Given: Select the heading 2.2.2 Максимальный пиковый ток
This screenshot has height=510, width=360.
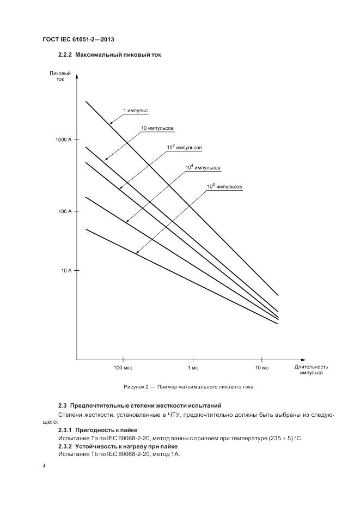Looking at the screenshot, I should pos(109,55).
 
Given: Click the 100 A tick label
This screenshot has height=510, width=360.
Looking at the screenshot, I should pos(65,211).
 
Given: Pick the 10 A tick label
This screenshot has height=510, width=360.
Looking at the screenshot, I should pos(66,270).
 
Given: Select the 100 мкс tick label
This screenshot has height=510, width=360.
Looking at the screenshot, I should pos(123,368).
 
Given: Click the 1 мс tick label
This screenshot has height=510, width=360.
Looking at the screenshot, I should pos(192,368).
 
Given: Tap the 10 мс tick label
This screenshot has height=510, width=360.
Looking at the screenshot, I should pos(262,368).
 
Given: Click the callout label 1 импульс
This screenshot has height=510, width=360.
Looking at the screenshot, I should pos(135,111).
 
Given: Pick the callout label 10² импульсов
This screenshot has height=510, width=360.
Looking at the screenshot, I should pos(184,148).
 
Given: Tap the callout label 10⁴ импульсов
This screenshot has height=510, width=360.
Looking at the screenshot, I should pos(203,168).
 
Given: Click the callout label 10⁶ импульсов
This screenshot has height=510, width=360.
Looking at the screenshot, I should pos(224,187).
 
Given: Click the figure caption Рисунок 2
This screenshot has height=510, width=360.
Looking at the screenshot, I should pos(188,387).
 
